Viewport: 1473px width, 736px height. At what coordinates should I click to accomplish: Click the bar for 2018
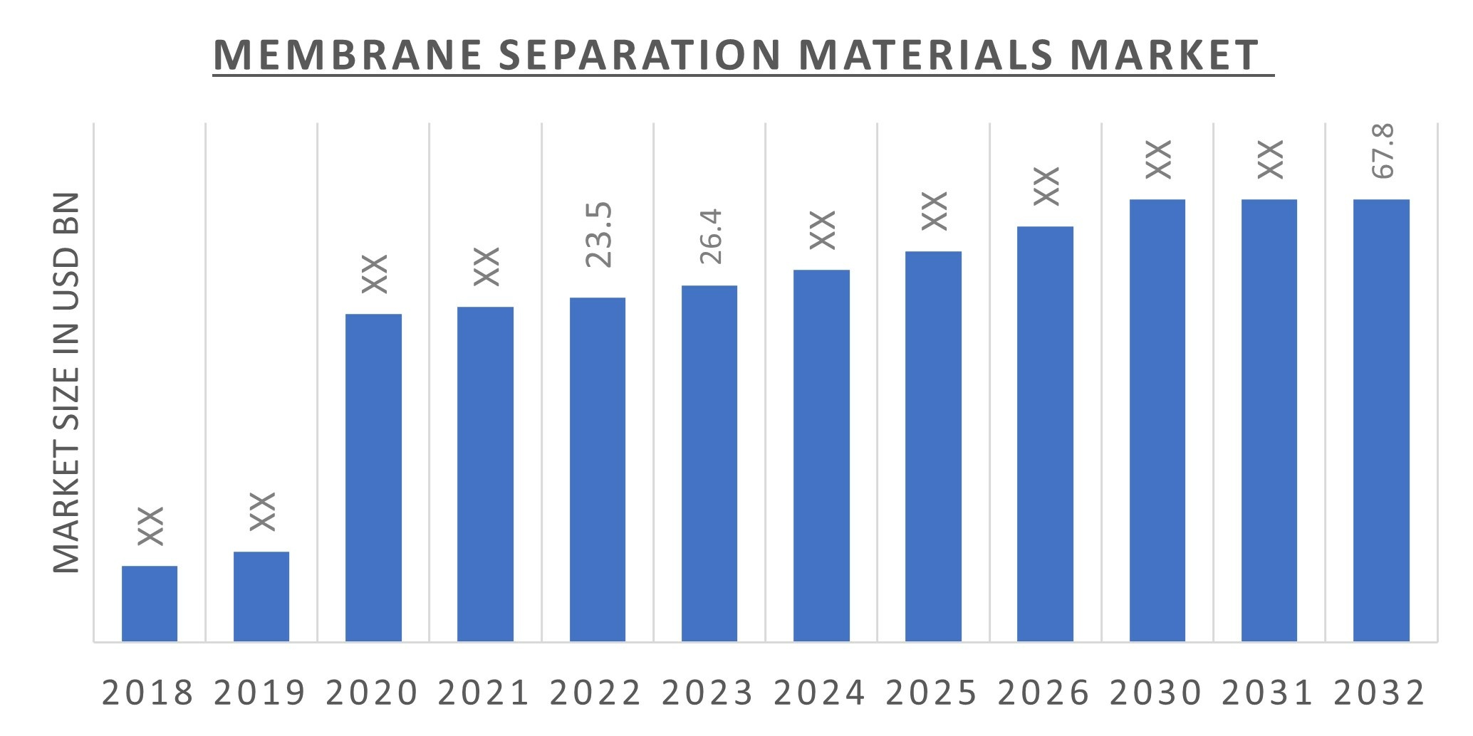(x=150, y=604)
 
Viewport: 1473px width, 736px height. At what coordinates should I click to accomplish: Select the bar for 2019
(x=261, y=596)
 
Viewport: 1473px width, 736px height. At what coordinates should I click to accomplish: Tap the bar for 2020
(x=373, y=477)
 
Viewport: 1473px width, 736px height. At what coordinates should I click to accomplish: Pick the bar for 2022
(x=598, y=470)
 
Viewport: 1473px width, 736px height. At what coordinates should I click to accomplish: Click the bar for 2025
(x=933, y=446)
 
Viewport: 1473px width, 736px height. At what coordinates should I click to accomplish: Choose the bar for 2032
(x=1381, y=420)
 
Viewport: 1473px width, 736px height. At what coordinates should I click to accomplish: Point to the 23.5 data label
(x=598, y=234)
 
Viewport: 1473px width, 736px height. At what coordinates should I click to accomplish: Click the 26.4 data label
(x=710, y=236)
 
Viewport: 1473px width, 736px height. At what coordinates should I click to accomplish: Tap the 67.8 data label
(x=1382, y=151)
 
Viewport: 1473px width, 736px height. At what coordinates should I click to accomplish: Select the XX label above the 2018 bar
(x=150, y=526)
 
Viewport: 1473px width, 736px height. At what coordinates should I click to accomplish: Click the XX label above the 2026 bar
(x=1046, y=186)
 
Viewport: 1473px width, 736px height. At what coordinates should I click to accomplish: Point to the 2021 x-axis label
(x=484, y=693)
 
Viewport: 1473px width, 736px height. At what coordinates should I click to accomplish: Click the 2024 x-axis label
(x=820, y=693)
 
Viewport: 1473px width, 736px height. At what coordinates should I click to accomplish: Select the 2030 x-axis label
(x=1156, y=693)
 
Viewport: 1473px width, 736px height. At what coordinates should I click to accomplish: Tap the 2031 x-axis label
(x=1268, y=693)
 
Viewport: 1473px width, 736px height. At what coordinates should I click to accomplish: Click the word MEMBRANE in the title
(x=348, y=56)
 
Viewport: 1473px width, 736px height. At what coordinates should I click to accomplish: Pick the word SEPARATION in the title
(x=640, y=56)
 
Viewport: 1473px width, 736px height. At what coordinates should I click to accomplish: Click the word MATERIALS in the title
(x=925, y=56)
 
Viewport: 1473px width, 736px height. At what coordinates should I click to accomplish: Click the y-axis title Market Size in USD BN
(x=66, y=382)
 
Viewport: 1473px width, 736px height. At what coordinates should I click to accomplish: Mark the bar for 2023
(x=709, y=463)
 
